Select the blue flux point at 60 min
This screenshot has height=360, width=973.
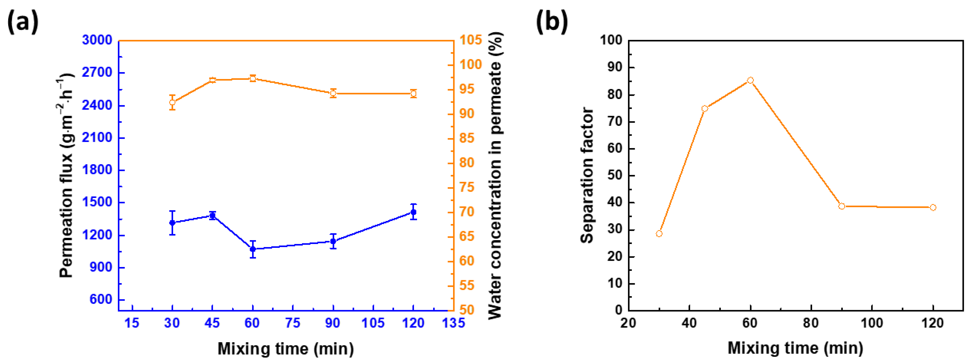point(253,249)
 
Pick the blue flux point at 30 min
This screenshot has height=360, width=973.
point(172,222)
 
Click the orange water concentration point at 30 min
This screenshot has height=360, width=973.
point(172,102)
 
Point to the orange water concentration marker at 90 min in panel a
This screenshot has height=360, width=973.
point(333,93)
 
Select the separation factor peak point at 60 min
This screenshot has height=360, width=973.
point(750,80)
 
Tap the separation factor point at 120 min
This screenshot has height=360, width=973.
point(933,207)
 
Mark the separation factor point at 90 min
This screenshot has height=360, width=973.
point(842,206)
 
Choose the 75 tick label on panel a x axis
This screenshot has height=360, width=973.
point(293,323)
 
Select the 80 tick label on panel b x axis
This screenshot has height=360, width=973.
point(811,323)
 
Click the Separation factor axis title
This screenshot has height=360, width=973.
point(587,176)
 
